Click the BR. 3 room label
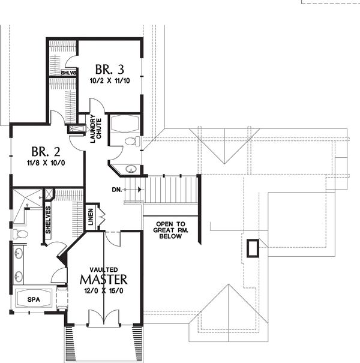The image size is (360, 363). pyautogui.click(x=110, y=69)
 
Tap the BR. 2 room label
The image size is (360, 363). pyautogui.click(x=46, y=152)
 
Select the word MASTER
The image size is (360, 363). pyautogui.click(x=103, y=280)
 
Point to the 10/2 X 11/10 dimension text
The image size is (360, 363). pyautogui.click(x=110, y=81)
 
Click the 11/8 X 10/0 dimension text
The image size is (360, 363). pyautogui.click(x=46, y=163)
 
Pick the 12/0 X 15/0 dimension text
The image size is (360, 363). pyautogui.click(x=104, y=290)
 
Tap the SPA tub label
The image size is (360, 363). pyautogui.click(x=34, y=299)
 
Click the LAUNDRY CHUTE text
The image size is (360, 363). pyautogui.click(x=95, y=129)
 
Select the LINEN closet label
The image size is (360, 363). pyautogui.click(x=91, y=217)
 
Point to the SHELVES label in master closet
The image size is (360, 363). pyautogui.click(x=48, y=220)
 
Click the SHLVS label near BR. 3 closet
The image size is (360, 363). pyautogui.click(x=68, y=73)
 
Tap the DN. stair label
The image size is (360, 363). pyautogui.click(x=116, y=190)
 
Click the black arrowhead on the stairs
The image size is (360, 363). pyautogui.click(x=140, y=190)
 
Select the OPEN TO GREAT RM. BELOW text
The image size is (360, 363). pyautogui.click(x=170, y=230)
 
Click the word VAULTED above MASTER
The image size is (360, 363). pyautogui.click(x=104, y=270)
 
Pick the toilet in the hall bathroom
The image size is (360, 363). pyautogui.click(x=133, y=141)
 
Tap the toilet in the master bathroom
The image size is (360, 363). pyautogui.click(x=20, y=234)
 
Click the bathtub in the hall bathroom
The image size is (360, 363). pyautogui.click(x=125, y=124)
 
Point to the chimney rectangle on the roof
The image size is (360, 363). pyautogui.click(x=253, y=248)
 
